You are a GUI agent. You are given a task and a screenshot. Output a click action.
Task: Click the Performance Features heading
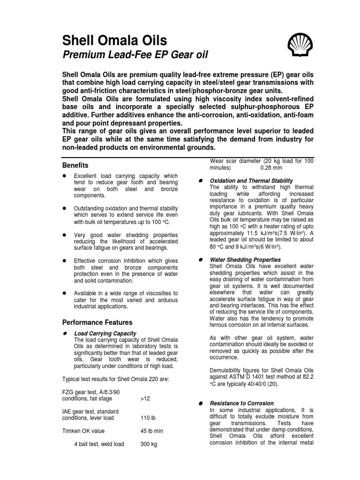(x=97, y=322)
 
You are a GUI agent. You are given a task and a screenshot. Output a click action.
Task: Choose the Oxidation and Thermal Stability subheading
(x=251, y=180)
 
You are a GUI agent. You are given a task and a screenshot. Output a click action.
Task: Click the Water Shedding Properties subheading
(x=245, y=259)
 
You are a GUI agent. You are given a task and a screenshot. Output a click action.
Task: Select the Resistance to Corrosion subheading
(x=242, y=403)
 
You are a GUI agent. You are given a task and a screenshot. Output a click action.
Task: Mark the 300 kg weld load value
(x=148, y=444)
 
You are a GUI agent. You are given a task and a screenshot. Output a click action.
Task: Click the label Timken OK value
(x=83, y=431)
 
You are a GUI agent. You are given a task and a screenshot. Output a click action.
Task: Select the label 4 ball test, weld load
(x=99, y=444)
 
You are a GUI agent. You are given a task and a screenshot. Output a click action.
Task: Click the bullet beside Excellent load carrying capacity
(x=64, y=175)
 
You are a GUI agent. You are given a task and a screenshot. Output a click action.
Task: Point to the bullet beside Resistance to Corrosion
(x=200, y=403)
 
